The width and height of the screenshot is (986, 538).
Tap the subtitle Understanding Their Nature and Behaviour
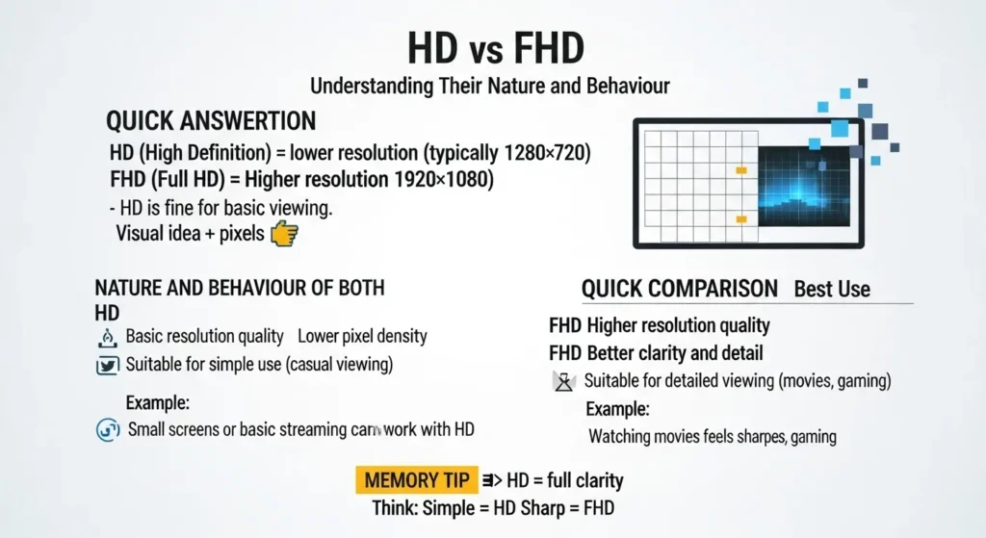pos(490,87)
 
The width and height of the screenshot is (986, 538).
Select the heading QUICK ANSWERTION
pos(211,121)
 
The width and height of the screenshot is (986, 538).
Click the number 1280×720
pos(544,153)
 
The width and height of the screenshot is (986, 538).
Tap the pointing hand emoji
pos(286,233)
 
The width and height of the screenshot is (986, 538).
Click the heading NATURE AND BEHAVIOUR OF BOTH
pos(240,288)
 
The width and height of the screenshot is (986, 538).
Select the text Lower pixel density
pos(362,337)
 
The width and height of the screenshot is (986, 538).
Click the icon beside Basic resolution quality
pos(107,337)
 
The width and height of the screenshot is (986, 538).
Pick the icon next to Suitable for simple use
pos(107,365)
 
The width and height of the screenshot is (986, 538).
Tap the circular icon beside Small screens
pos(107,430)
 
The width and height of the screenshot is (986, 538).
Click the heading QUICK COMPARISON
pos(680,289)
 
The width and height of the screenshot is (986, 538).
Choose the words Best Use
pos(832,289)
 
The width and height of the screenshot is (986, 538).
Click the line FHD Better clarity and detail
pos(656,353)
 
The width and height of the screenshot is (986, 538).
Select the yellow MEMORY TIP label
pos(416,480)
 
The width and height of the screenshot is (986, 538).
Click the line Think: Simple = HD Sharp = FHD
pos(493,508)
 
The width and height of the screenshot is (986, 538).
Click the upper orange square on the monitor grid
pos(741,170)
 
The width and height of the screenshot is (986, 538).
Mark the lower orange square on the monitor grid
pos(741,220)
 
